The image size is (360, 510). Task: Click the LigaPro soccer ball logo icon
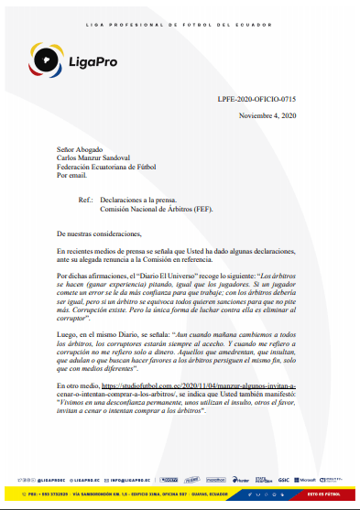tap(41, 61)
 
